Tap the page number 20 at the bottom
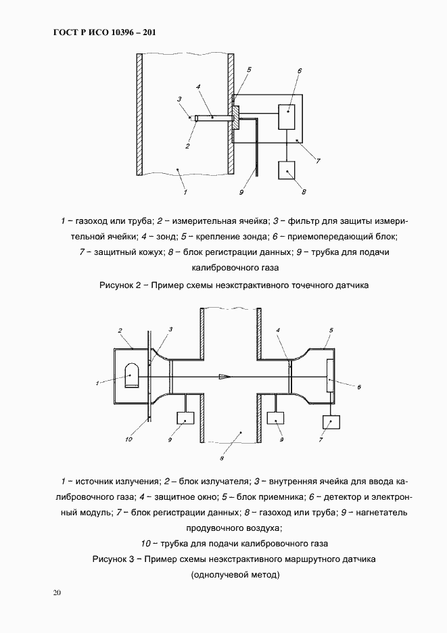[57, 593]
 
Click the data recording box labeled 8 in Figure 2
[287, 170]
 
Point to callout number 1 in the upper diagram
[185, 192]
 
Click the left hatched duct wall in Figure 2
[139, 113]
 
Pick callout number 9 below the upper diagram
[241, 193]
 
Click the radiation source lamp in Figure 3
[133, 373]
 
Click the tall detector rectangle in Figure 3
[329, 377]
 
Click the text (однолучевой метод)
[235, 575]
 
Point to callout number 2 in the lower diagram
[120, 331]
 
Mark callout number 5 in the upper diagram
[249, 70]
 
